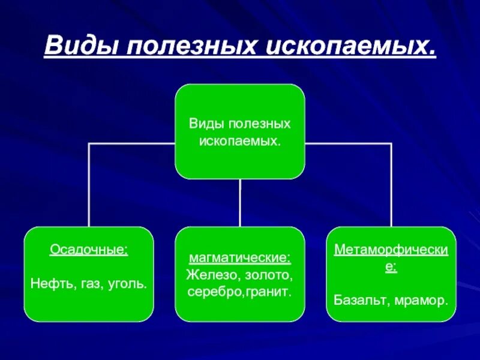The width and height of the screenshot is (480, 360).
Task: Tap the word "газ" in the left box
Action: pyautogui.click(x=89, y=282)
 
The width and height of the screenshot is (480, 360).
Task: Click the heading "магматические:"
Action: pyautogui.click(x=240, y=259)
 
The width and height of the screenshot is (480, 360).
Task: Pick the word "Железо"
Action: pyautogui.click(x=210, y=275)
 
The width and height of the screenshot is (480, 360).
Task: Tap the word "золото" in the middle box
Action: pyautogui.click(x=268, y=275)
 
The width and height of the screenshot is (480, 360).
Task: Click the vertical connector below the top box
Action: pyautogui.click(x=240, y=203)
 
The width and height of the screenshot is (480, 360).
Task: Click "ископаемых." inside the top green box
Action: pyautogui.click(x=240, y=140)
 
